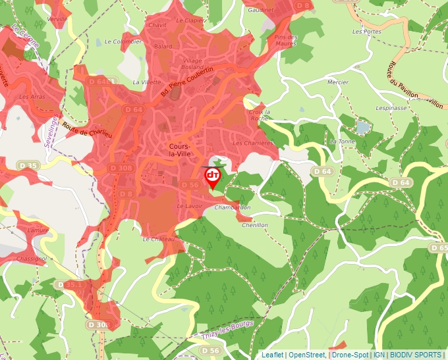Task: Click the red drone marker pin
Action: pyautogui.click(x=213, y=177)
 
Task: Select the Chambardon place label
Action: pyautogui.click(x=232, y=207)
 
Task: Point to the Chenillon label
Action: pyautogui.click(x=255, y=225)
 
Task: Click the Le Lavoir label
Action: pyautogui.click(x=189, y=206)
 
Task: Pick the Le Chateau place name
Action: pyautogui.click(x=159, y=239)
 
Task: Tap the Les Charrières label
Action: pyautogui.click(x=252, y=143)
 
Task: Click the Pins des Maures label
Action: pyautogui.click(x=285, y=40)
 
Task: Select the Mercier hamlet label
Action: pyautogui.click(x=338, y=82)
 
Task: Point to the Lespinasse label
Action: pyautogui.click(x=391, y=107)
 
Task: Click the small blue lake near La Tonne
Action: pyautogui.click(x=362, y=126)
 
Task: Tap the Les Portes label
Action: pyautogui.click(x=366, y=31)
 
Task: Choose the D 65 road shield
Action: pyautogui.click(x=438, y=248)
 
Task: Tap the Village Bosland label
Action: pyautogui.click(x=192, y=64)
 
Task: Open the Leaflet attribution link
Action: pyautogui.click(x=272, y=355)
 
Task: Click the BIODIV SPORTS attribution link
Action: pyautogui.click(x=415, y=355)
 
